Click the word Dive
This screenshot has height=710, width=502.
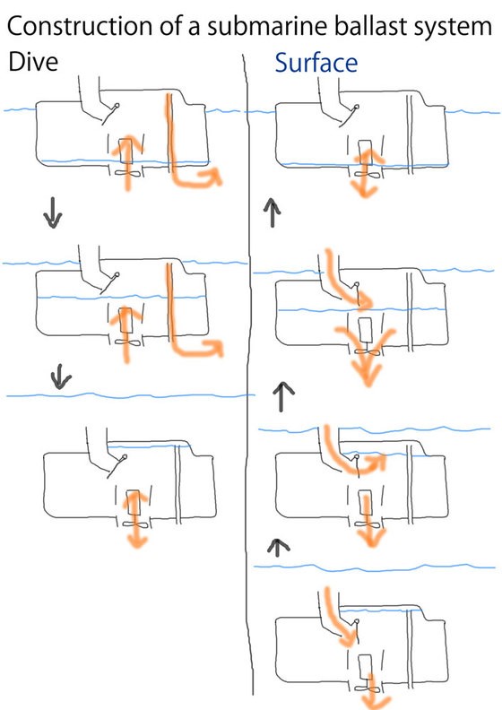click(33, 62)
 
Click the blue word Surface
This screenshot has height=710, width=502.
click(316, 63)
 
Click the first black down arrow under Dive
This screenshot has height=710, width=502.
click(53, 212)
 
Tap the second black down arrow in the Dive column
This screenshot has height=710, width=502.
click(60, 377)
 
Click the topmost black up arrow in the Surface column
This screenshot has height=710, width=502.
click(272, 212)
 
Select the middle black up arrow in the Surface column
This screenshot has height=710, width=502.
click(283, 396)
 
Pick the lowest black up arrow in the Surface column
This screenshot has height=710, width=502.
click(278, 547)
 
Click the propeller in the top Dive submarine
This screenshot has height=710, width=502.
click(127, 173)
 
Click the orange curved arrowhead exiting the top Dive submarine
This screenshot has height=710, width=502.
click(212, 176)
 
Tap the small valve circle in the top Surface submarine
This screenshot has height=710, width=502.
click(357, 108)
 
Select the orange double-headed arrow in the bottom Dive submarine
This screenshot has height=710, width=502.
click(135, 520)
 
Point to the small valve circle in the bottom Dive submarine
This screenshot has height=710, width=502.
click(123, 457)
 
